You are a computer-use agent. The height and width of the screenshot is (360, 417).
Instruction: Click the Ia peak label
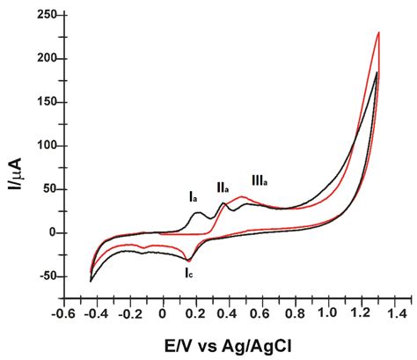(192, 197)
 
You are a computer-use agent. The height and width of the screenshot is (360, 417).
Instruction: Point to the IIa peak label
(223, 187)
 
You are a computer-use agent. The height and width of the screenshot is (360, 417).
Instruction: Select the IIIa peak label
(259, 180)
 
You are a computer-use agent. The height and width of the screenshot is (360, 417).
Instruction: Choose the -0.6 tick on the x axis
(62, 312)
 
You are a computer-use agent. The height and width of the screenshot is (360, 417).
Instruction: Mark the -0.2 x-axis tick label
(128, 312)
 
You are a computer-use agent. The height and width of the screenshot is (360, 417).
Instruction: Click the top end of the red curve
(378, 33)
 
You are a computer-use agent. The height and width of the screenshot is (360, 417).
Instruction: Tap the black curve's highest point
(377, 72)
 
